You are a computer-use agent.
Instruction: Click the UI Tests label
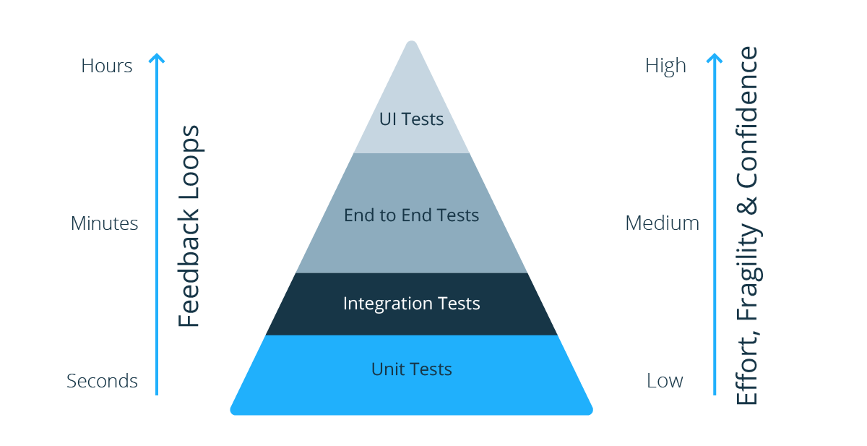click(411, 119)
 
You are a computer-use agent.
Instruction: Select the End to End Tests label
click(411, 215)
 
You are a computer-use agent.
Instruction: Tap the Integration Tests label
click(411, 304)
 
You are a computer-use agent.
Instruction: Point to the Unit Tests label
click(411, 369)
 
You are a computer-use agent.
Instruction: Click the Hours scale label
click(107, 66)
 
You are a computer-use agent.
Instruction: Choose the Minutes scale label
click(104, 223)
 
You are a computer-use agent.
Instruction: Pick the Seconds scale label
click(102, 381)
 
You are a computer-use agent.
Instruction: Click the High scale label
click(665, 66)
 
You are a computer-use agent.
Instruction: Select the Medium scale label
click(662, 223)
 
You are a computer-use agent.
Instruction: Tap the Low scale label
click(665, 381)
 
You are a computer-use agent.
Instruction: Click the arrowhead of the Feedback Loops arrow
click(157, 57)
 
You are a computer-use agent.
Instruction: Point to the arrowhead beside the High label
click(715, 57)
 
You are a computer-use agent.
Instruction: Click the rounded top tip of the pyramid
click(411, 45)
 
